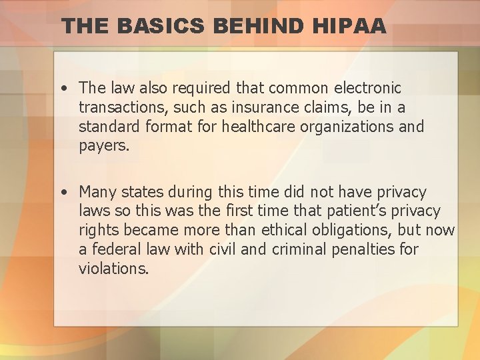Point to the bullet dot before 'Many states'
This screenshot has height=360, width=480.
pyautogui.click(x=61, y=193)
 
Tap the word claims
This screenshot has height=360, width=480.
pyautogui.click(x=319, y=107)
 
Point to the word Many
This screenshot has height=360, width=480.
pyautogui.click(x=97, y=192)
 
